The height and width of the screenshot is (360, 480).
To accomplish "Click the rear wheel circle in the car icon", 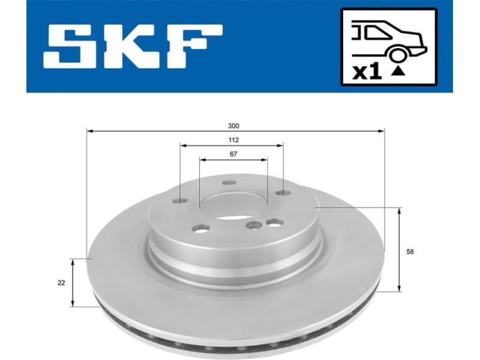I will click(x=397, y=55).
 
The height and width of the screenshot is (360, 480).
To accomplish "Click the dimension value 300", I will click(x=233, y=126).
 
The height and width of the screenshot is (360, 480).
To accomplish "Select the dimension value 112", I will click(x=233, y=140).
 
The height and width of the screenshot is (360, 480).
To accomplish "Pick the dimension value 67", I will click(x=233, y=154).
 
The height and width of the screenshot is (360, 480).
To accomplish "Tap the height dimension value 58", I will click(x=410, y=252).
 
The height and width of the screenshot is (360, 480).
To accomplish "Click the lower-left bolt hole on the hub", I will click(x=200, y=228).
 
